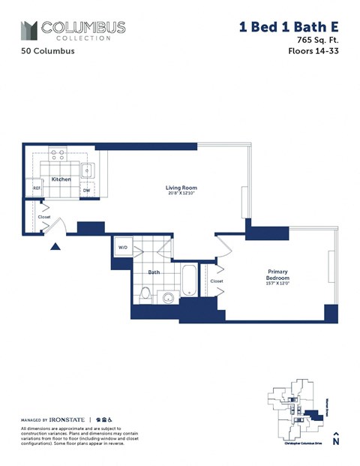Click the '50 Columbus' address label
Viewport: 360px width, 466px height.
coord(48,53)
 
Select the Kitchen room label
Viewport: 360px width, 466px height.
coord(61,179)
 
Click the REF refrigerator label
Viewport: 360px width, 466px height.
coord(35,189)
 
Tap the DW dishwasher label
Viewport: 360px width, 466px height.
coord(86,190)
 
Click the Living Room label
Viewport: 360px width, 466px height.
coord(181,188)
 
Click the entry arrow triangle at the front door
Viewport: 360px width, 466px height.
coord(55,245)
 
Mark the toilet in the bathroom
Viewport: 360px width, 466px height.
coord(146,294)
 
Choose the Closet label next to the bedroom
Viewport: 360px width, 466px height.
coord(217,281)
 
